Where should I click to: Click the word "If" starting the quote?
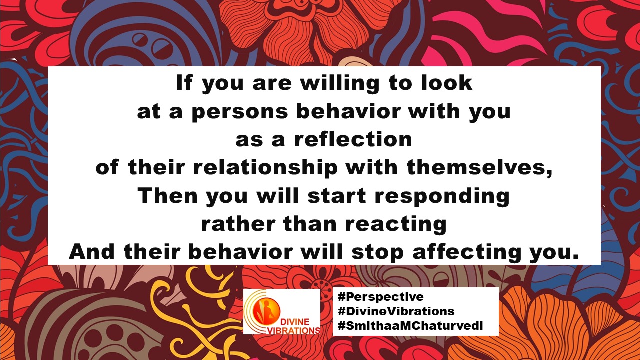coord(184,83)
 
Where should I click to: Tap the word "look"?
coord(447,82)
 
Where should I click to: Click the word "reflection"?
coord(353,139)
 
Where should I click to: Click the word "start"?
coord(337,196)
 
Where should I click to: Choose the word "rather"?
coord(238,224)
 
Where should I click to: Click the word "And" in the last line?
coord(92,251)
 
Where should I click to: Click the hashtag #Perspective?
coord(381,297)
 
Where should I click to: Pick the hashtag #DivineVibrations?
coord(396,311)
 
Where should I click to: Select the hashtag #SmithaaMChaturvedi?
coord(410,325)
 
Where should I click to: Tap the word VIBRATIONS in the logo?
coord(293,331)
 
